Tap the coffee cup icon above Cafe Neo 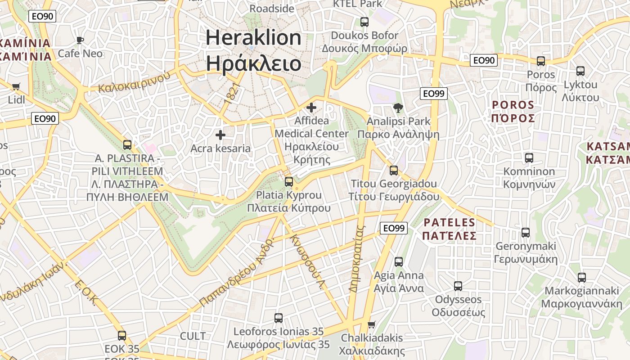[x=80, y=40]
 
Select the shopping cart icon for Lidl [x=16, y=86]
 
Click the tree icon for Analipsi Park [x=398, y=108]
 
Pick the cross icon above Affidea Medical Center [x=311, y=108]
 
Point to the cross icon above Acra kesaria [x=220, y=135]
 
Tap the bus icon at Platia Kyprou [x=289, y=182]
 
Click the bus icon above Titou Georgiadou [x=394, y=171]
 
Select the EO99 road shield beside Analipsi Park [x=434, y=94]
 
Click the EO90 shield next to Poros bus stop [x=484, y=60]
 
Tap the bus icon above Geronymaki [x=526, y=233]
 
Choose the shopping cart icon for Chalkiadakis [x=372, y=324]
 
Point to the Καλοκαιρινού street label [x=135, y=81]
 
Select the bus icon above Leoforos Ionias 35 [x=279, y=318]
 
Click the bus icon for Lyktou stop [x=580, y=71]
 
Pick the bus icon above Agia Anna [x=399, y=262]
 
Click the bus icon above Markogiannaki [x=582, y=278]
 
